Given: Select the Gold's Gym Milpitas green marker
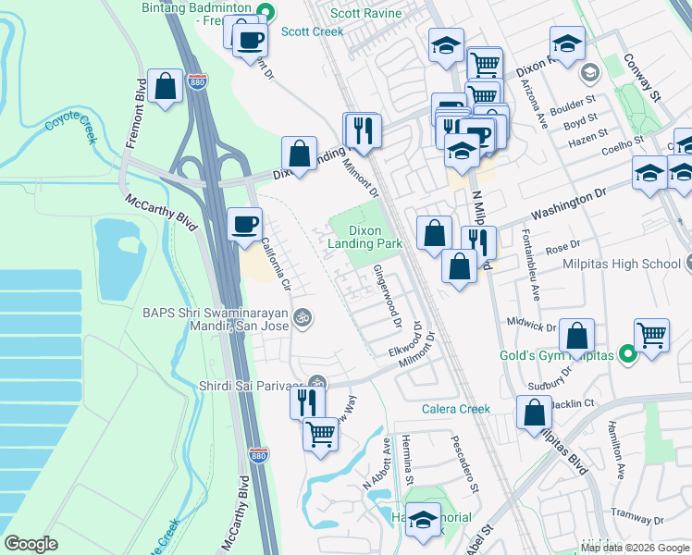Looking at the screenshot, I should [x=629, y=353].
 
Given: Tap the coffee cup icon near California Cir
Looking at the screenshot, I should [x=245, y=225].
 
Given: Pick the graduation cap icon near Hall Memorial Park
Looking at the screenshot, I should [x=424, y=519].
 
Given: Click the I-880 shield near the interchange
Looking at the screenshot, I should [x=197, y=81].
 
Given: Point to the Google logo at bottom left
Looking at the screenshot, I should [x=31, y=544].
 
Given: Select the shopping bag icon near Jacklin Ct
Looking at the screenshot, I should [x=534, y=413].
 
